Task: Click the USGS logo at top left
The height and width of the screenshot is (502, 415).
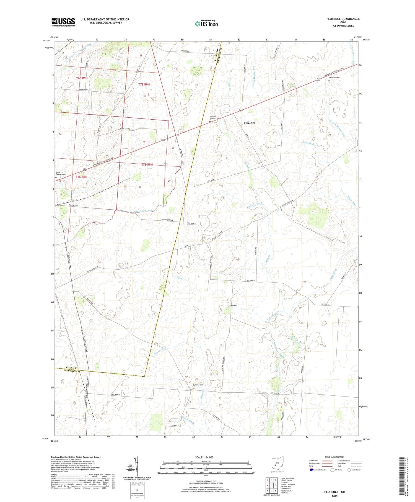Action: click(63, 22)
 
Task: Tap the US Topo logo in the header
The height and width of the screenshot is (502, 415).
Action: click(206, 24)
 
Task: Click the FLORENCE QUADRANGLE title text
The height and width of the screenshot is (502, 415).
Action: click(343, 19)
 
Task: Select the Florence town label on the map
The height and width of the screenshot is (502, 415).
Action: click(249, 123)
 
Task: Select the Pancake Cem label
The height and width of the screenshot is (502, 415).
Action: click(198, 385)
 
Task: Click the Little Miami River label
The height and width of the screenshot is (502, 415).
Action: click(144, 211)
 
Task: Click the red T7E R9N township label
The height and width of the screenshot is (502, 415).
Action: click(144, 84)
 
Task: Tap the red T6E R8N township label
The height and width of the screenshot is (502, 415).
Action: click(82, 177)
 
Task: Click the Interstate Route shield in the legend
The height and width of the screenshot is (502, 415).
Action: click(311, 470)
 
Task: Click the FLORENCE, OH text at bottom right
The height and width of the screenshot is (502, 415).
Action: click(335, 492)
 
